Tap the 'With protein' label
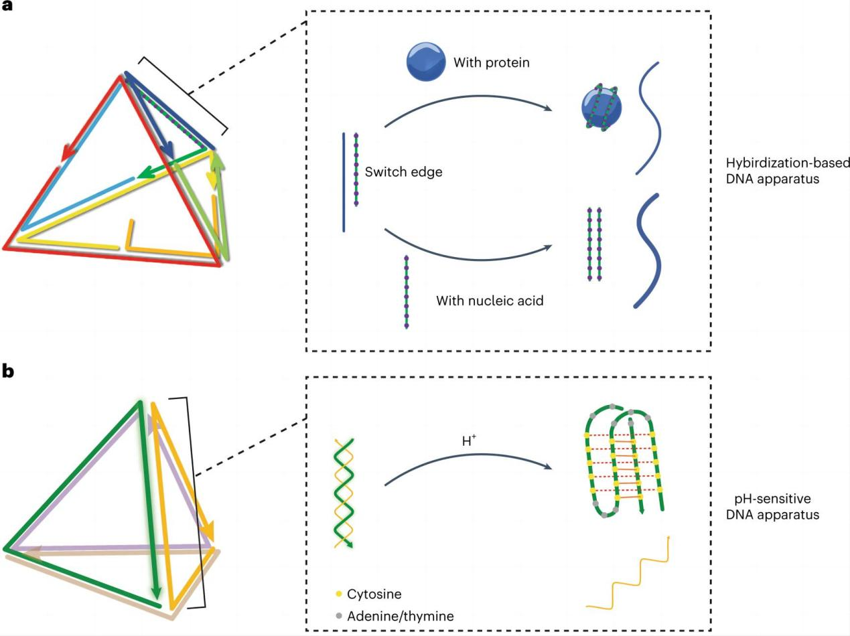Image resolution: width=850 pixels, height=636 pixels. [491, 63]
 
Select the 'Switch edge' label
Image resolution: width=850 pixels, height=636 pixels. [403, 172]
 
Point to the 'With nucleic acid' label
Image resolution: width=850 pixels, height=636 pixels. [490, 301]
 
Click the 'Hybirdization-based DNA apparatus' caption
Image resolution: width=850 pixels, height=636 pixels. [788, 171]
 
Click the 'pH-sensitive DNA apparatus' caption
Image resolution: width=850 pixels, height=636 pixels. [772, 507]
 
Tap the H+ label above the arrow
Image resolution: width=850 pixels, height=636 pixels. [469, 441]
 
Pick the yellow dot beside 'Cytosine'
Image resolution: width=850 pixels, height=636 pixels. [339, 594]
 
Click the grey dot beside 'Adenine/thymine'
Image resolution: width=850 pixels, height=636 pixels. [339, 616]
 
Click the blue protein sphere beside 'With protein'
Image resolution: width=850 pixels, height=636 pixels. [426, 62]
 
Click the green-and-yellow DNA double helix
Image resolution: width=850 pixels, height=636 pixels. [343, 493]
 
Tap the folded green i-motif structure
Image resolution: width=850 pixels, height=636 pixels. [624, 462]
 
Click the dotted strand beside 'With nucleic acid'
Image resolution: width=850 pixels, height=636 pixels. [406, 292]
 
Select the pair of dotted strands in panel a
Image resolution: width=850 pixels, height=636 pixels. [594, 244]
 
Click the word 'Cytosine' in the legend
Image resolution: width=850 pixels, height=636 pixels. [374, 594]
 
